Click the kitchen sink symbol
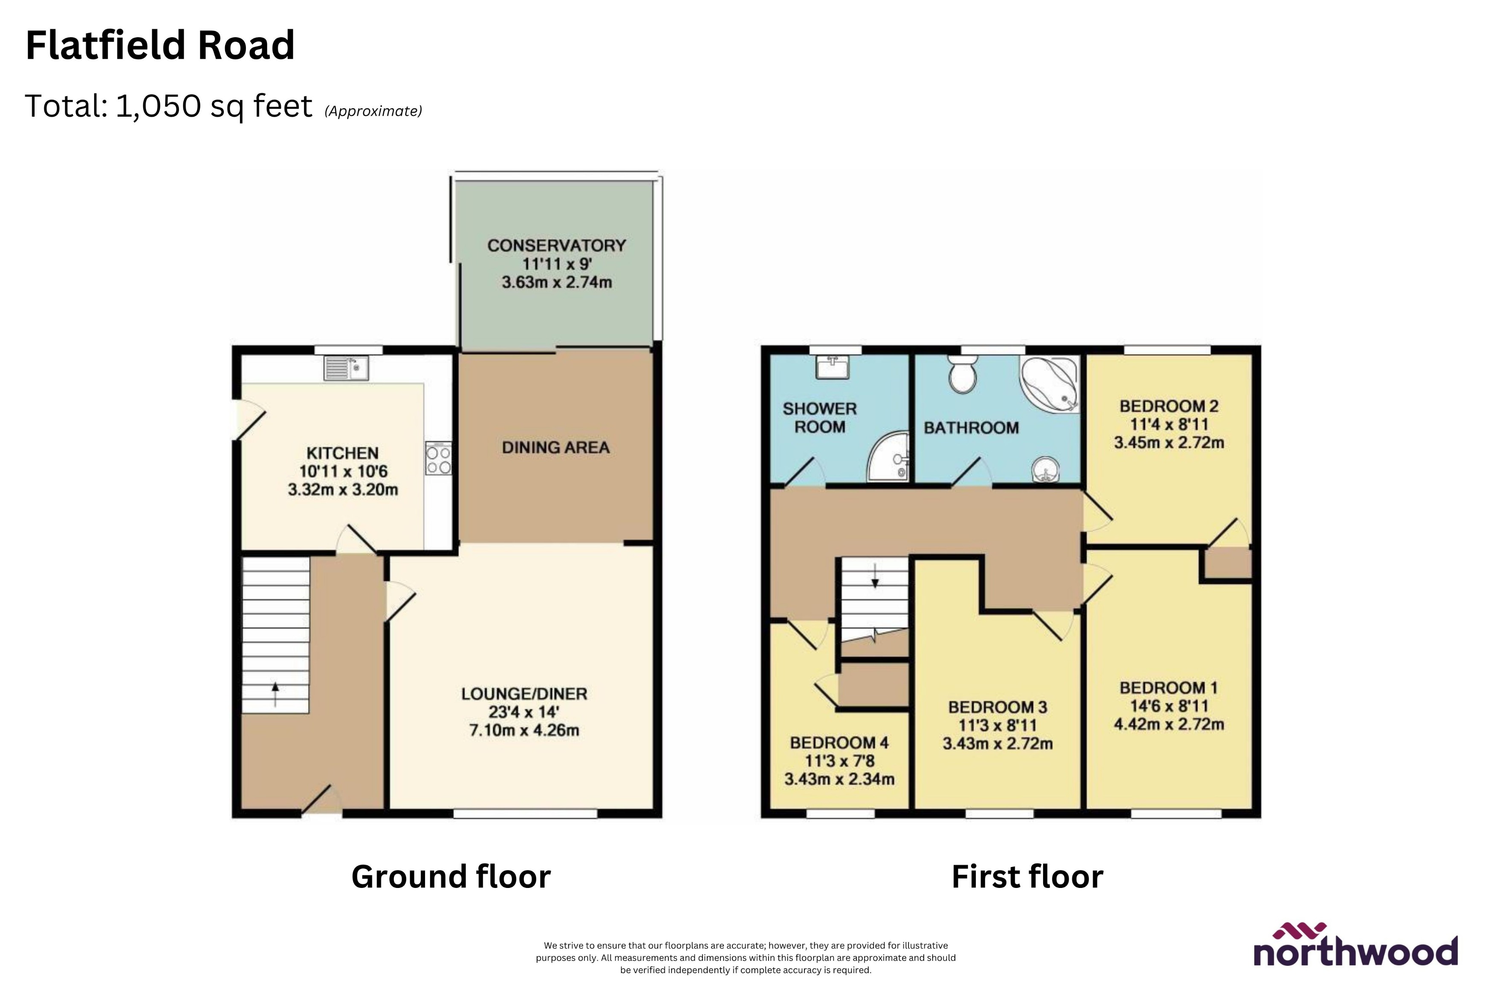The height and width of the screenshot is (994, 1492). (346, 368)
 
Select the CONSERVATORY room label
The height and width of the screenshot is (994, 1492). (556, 245)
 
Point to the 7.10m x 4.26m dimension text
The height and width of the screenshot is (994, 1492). (524, 730)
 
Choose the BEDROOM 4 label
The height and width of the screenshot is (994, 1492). (839, 743)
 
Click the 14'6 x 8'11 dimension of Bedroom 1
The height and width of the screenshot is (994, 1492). (1168, 706)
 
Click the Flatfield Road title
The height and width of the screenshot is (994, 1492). (160, 46)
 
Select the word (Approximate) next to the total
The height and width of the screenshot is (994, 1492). (373, 112)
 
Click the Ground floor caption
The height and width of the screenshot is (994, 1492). (451, 877)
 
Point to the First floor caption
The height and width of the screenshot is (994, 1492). (1027, 877)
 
